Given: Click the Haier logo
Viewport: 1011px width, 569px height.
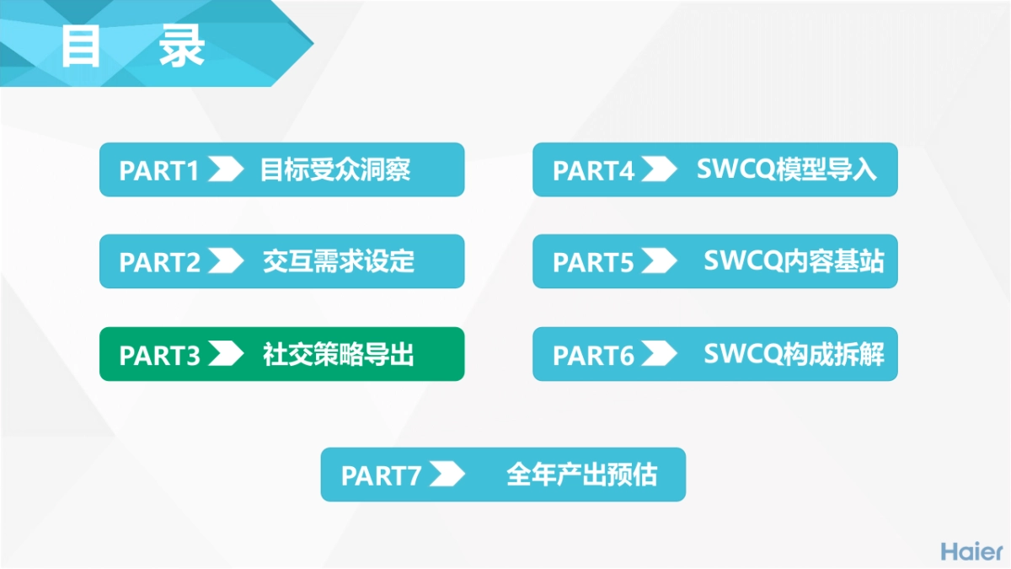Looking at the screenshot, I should tap(971, 551).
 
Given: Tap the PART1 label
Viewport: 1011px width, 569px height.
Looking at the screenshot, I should tap(159, 170).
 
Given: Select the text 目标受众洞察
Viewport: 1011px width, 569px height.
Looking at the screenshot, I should tap(335, 170).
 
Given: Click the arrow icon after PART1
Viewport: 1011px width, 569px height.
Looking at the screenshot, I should tap(225, 170).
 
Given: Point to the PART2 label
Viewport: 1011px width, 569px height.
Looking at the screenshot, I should tap(160, 262).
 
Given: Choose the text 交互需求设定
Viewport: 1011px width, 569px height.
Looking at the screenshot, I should tap(339, 261).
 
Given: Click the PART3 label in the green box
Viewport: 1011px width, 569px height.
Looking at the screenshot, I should tap(160, 355).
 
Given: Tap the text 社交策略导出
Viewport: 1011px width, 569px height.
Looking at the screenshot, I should tap(339, 355).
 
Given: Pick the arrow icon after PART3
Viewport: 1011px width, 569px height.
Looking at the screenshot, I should tap(225, 355).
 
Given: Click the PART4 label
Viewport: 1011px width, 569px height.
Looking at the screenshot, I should tap(593, 170).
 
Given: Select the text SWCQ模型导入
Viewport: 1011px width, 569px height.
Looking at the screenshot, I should tap(787, 170).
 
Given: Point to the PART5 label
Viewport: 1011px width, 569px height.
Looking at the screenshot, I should tap(593, 262).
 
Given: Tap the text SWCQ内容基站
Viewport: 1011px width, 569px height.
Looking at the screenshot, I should tap(794, 261).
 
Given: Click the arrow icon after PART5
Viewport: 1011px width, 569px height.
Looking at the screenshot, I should tap(658, 262).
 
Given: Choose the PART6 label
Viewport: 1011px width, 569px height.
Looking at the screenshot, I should tap(593, 355).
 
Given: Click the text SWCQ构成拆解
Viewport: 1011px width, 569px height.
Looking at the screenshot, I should tap(794, 355).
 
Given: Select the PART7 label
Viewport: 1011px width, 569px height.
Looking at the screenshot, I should tap(381, 475).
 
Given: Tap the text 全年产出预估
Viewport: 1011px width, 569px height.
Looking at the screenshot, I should tap(581, 475).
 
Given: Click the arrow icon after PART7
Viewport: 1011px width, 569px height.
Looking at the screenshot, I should tap(446, 475).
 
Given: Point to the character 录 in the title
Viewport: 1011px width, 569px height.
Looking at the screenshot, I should tap(182, 46).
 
